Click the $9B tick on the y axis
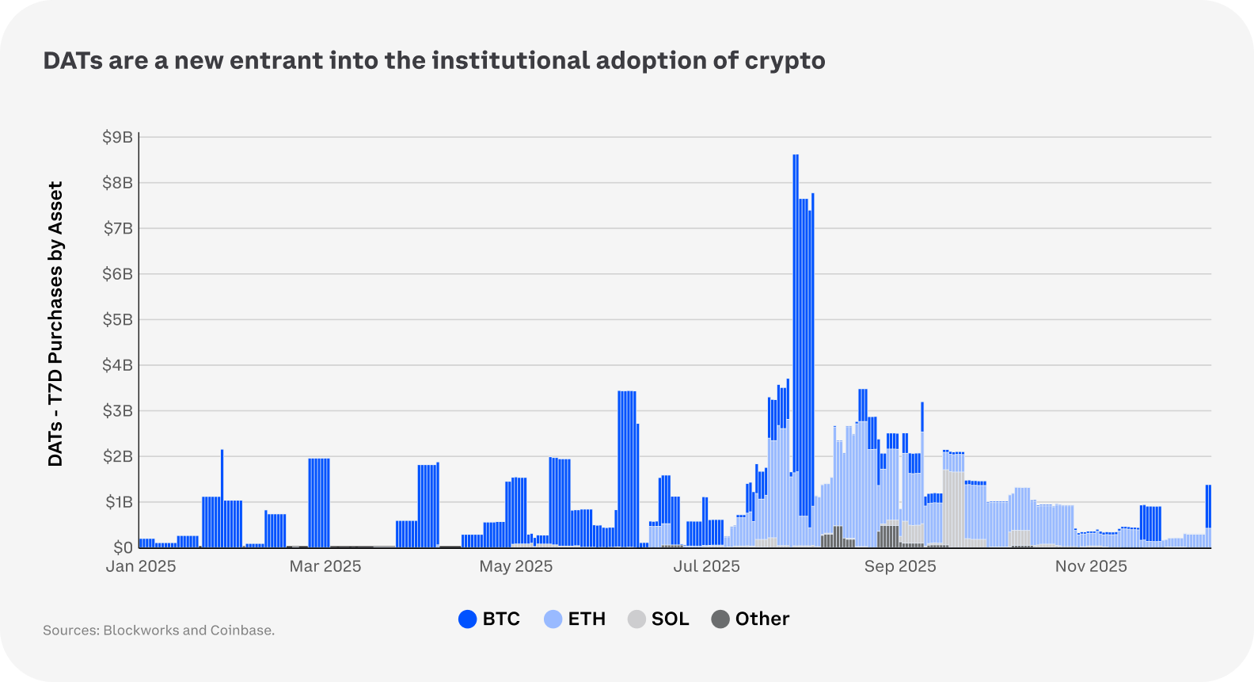(118, 137)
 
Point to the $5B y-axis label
(118, 320)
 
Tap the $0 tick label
(123, 547)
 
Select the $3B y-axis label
(118, 411)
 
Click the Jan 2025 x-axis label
(141, 566)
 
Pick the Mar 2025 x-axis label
(325, 566)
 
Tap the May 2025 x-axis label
(515, 566)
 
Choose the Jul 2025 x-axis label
(706, 566)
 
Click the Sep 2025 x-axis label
(900, 566)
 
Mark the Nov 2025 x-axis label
(1091, 566)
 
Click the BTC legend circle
(468, 619)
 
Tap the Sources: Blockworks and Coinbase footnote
(158, 631)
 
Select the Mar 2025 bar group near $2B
(319, 503)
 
